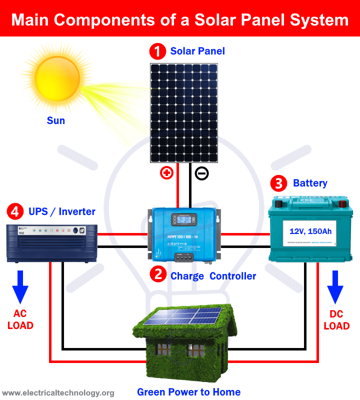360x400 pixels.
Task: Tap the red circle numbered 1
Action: (x=157, y=51)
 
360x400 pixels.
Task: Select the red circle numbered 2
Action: (x=157, y=275)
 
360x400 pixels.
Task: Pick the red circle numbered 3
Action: (x=278, y=183)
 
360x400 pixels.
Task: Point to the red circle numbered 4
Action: (x=15, y=211)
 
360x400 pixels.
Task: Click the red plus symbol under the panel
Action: (x=166, y=173)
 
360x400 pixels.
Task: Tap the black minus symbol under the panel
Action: (x=201, y=173)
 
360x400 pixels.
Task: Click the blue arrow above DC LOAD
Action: (x=335, y=287)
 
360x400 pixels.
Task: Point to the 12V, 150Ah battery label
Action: (x=310, y=231)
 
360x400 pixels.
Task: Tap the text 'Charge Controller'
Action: (x=213, y=275)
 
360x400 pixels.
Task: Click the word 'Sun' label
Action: (x=56, y=120)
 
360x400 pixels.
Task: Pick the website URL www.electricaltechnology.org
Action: (x=58, y=392)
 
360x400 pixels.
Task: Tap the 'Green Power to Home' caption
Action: (x=188, y=391)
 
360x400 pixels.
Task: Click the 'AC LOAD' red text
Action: (x=20, y=319)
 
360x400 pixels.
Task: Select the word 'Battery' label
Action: (x=310, y=183)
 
